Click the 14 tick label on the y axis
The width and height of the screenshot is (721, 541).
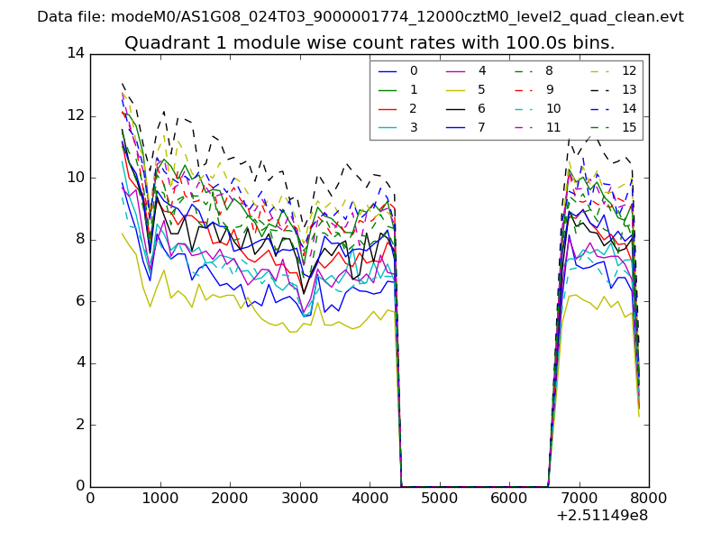pyautogui.click(x=75, y=53)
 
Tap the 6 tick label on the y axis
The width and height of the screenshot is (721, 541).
pyautogui.click(x=79, y=301)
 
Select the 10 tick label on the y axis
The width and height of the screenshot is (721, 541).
pyautogui.click(x=75, y=178)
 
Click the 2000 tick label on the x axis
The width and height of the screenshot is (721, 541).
pyautogui.click(x=230, y=499)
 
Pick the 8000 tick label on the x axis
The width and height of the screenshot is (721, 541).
pyautogui.click(x=649, y=499)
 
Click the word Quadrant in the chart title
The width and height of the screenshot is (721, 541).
pyautogui.click(x=161, y=43)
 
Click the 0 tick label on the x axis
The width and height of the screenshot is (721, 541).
pyautogui.click(x=90, y=499)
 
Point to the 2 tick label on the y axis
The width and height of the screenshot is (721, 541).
pyautogui.click(x=79, y=425)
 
